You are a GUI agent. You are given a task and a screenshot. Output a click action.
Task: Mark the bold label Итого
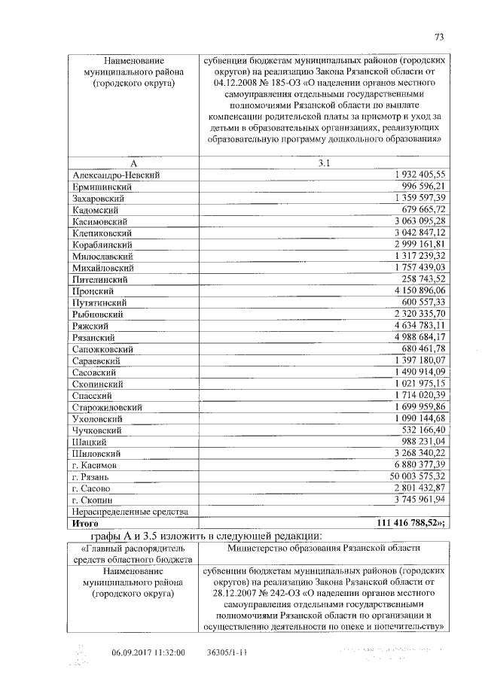[x=85, y=522]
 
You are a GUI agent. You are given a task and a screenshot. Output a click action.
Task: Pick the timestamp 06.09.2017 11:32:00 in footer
[x=148, y=653]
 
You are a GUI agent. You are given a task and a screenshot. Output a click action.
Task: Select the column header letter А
[x=133, y=163]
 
